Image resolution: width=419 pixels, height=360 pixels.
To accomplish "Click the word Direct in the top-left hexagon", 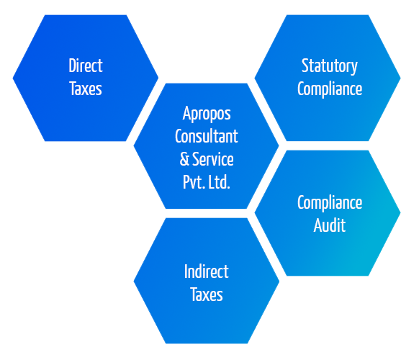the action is pos(86,66).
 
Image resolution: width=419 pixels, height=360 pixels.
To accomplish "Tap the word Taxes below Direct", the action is pos(86,89).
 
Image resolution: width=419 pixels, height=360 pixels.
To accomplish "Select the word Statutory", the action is pos(330,66).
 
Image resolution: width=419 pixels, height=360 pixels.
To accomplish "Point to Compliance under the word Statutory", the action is pos(330,89).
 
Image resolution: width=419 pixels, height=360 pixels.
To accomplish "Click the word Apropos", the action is pos(207,114).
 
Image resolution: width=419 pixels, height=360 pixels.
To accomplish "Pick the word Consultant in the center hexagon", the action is pos(207,136).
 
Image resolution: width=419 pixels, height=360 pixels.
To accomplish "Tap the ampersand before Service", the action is pos(184,159).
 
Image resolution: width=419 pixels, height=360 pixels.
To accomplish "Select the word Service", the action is pos(213,159).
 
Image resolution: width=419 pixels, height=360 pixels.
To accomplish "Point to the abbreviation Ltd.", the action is pos(219,182).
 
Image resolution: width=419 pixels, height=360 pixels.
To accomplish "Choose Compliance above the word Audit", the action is pos(330,203).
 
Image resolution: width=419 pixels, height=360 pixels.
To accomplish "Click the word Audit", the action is pos(330,225).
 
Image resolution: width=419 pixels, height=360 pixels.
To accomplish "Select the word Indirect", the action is pos(207,271).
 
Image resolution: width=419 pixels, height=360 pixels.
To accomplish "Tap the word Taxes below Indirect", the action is pos(207,294).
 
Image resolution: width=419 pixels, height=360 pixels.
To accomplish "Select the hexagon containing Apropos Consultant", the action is pos(207,146).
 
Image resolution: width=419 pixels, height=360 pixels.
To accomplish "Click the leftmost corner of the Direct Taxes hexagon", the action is pos(13,78).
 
